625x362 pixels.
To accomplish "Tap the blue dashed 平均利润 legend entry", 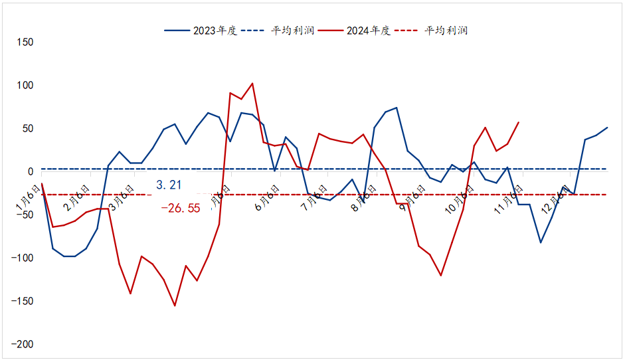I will [278, 31].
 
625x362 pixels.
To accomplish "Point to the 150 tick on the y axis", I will [24, 43].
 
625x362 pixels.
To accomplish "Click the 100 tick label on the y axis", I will [24, 86].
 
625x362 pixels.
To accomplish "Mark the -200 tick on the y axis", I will [22, 345].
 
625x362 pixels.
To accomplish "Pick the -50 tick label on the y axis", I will [24, 215].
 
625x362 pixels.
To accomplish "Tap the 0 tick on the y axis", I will [30, 172].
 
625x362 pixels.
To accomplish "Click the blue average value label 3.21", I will [169, 185].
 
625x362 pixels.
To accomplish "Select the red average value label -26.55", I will [180, 208].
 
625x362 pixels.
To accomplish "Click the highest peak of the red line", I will [252, 84].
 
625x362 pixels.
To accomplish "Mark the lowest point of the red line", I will [175, 306].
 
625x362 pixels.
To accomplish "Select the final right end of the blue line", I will [607, 128].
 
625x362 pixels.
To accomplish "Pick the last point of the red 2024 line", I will [519, 122].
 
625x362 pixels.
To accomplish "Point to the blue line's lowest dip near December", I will [541, 242].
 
